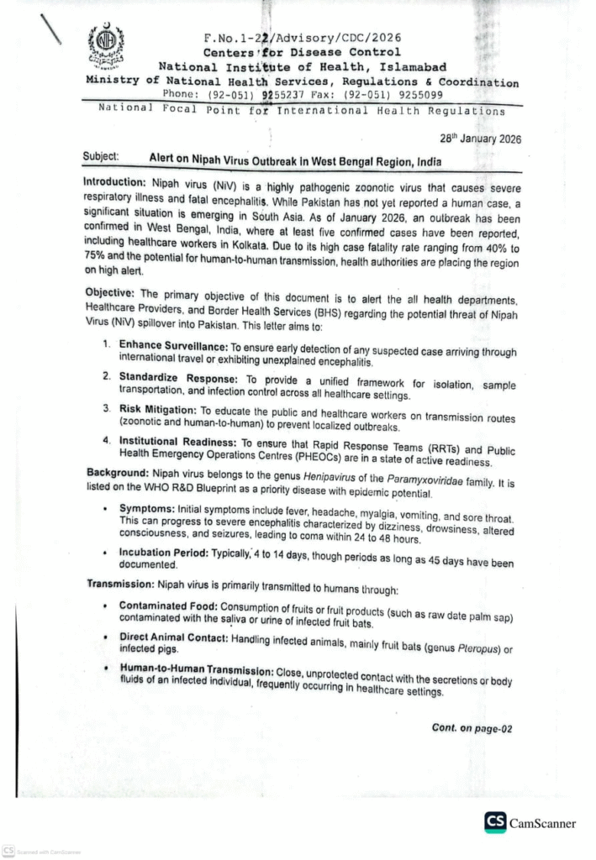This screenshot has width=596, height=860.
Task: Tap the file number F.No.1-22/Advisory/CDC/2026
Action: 302,38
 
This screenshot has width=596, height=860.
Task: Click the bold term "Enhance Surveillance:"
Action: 174,346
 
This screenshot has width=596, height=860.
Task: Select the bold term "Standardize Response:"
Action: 177,377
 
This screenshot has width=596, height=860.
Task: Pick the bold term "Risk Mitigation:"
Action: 160,408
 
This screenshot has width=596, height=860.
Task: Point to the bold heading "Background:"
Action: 116,474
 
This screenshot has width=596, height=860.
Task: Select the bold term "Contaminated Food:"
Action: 171,606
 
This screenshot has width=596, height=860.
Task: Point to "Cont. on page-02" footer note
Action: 472,729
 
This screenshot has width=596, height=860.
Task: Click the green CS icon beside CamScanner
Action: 495,821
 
